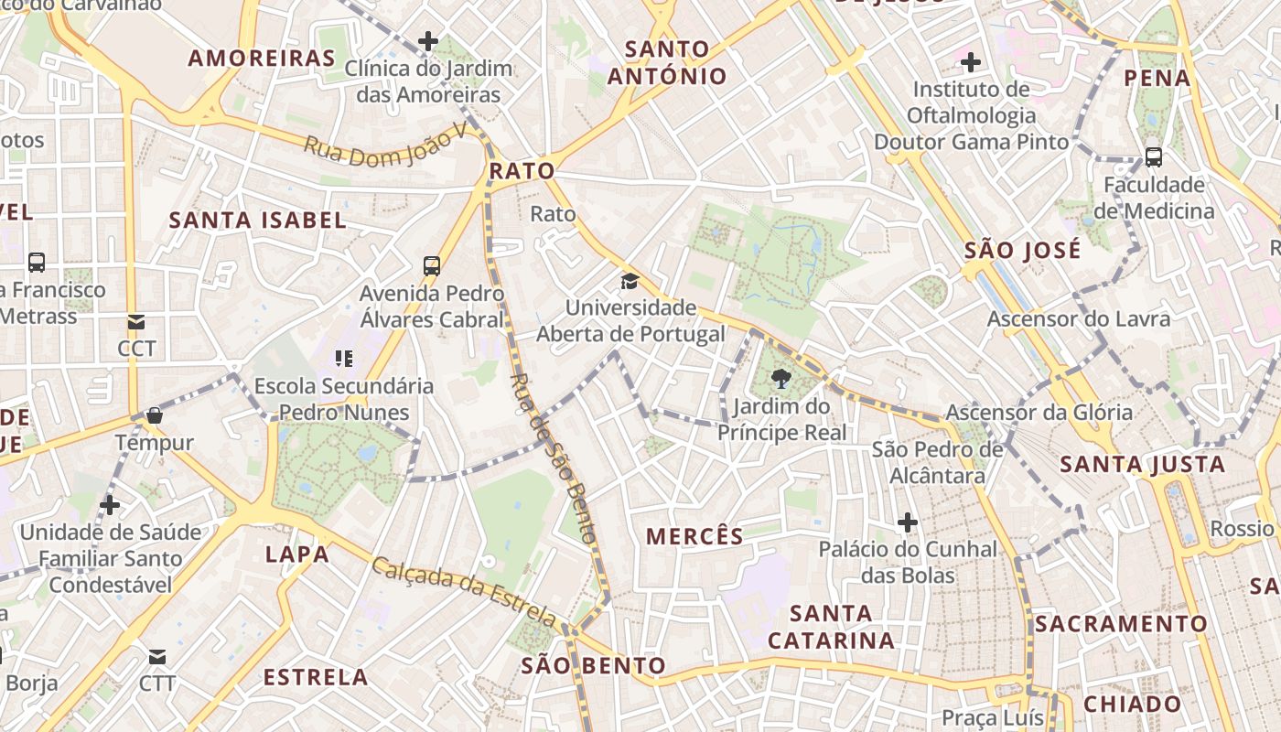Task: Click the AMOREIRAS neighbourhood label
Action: pyautogui.click(x=263, y=59)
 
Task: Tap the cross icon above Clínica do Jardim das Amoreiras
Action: pyautogui.click(x=428, y=41)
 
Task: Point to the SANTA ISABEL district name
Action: pyautogui.click(x=258, y=221)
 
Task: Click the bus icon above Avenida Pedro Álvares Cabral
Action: pyautogui.click(x=432, y=266)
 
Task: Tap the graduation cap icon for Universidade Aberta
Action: pyautogui.click(x=630, y=280)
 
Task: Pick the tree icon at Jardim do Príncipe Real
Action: pyautogui.click(x=781, y=379)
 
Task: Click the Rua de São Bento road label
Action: pyautogui.click(x=553, y=457)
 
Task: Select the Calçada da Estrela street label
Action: pyautogui.click(x=463, y=592)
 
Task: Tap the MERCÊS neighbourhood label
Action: pyautogui.click(x=695, y=537)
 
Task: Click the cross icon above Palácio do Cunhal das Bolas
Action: pyautogui.click(x=908, y=522)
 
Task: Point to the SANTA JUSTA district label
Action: pyautogui.click(x=1143, y=465)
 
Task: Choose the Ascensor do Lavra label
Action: pyautogui.click(x=1079, y=319)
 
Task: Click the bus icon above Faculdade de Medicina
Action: pyautogui.click(x=1154, y=157)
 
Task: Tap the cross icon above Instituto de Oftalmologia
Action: pyautogui.click(x=971, y=62)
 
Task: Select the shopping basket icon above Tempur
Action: pyautogui.click(x=155, y=415)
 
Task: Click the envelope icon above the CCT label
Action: pyautogui.click(x=136, y=322)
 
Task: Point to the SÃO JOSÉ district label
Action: pyautogui.click(x=1023, y=250)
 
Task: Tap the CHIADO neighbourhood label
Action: pyautogui.click(x=1133, y=705)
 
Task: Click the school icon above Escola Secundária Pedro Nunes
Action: pyautogui.click(x=344, y=358)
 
